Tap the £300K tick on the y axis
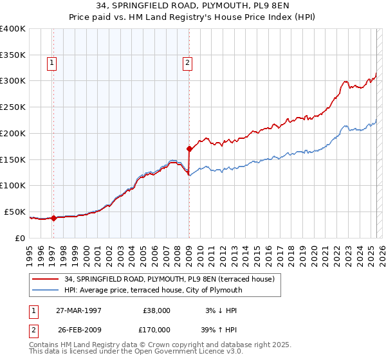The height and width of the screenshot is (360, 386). click(x=13, y=81)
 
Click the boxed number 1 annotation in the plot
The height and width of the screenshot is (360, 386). click(x=51, y=63)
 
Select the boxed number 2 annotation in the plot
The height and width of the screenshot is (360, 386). click(x=187, y=63)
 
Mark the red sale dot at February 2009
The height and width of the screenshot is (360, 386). click(x=189, y=149)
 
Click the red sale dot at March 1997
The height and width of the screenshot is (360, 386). click(x=54, y=218)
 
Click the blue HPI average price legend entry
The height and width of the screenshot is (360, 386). click(x=153, y=290)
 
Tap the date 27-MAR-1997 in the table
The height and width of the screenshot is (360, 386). click(x=78, y=310)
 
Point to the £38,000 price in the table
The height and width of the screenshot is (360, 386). click(x=155, y=310)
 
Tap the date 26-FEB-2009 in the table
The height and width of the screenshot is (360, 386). click(x=78, y=328)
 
